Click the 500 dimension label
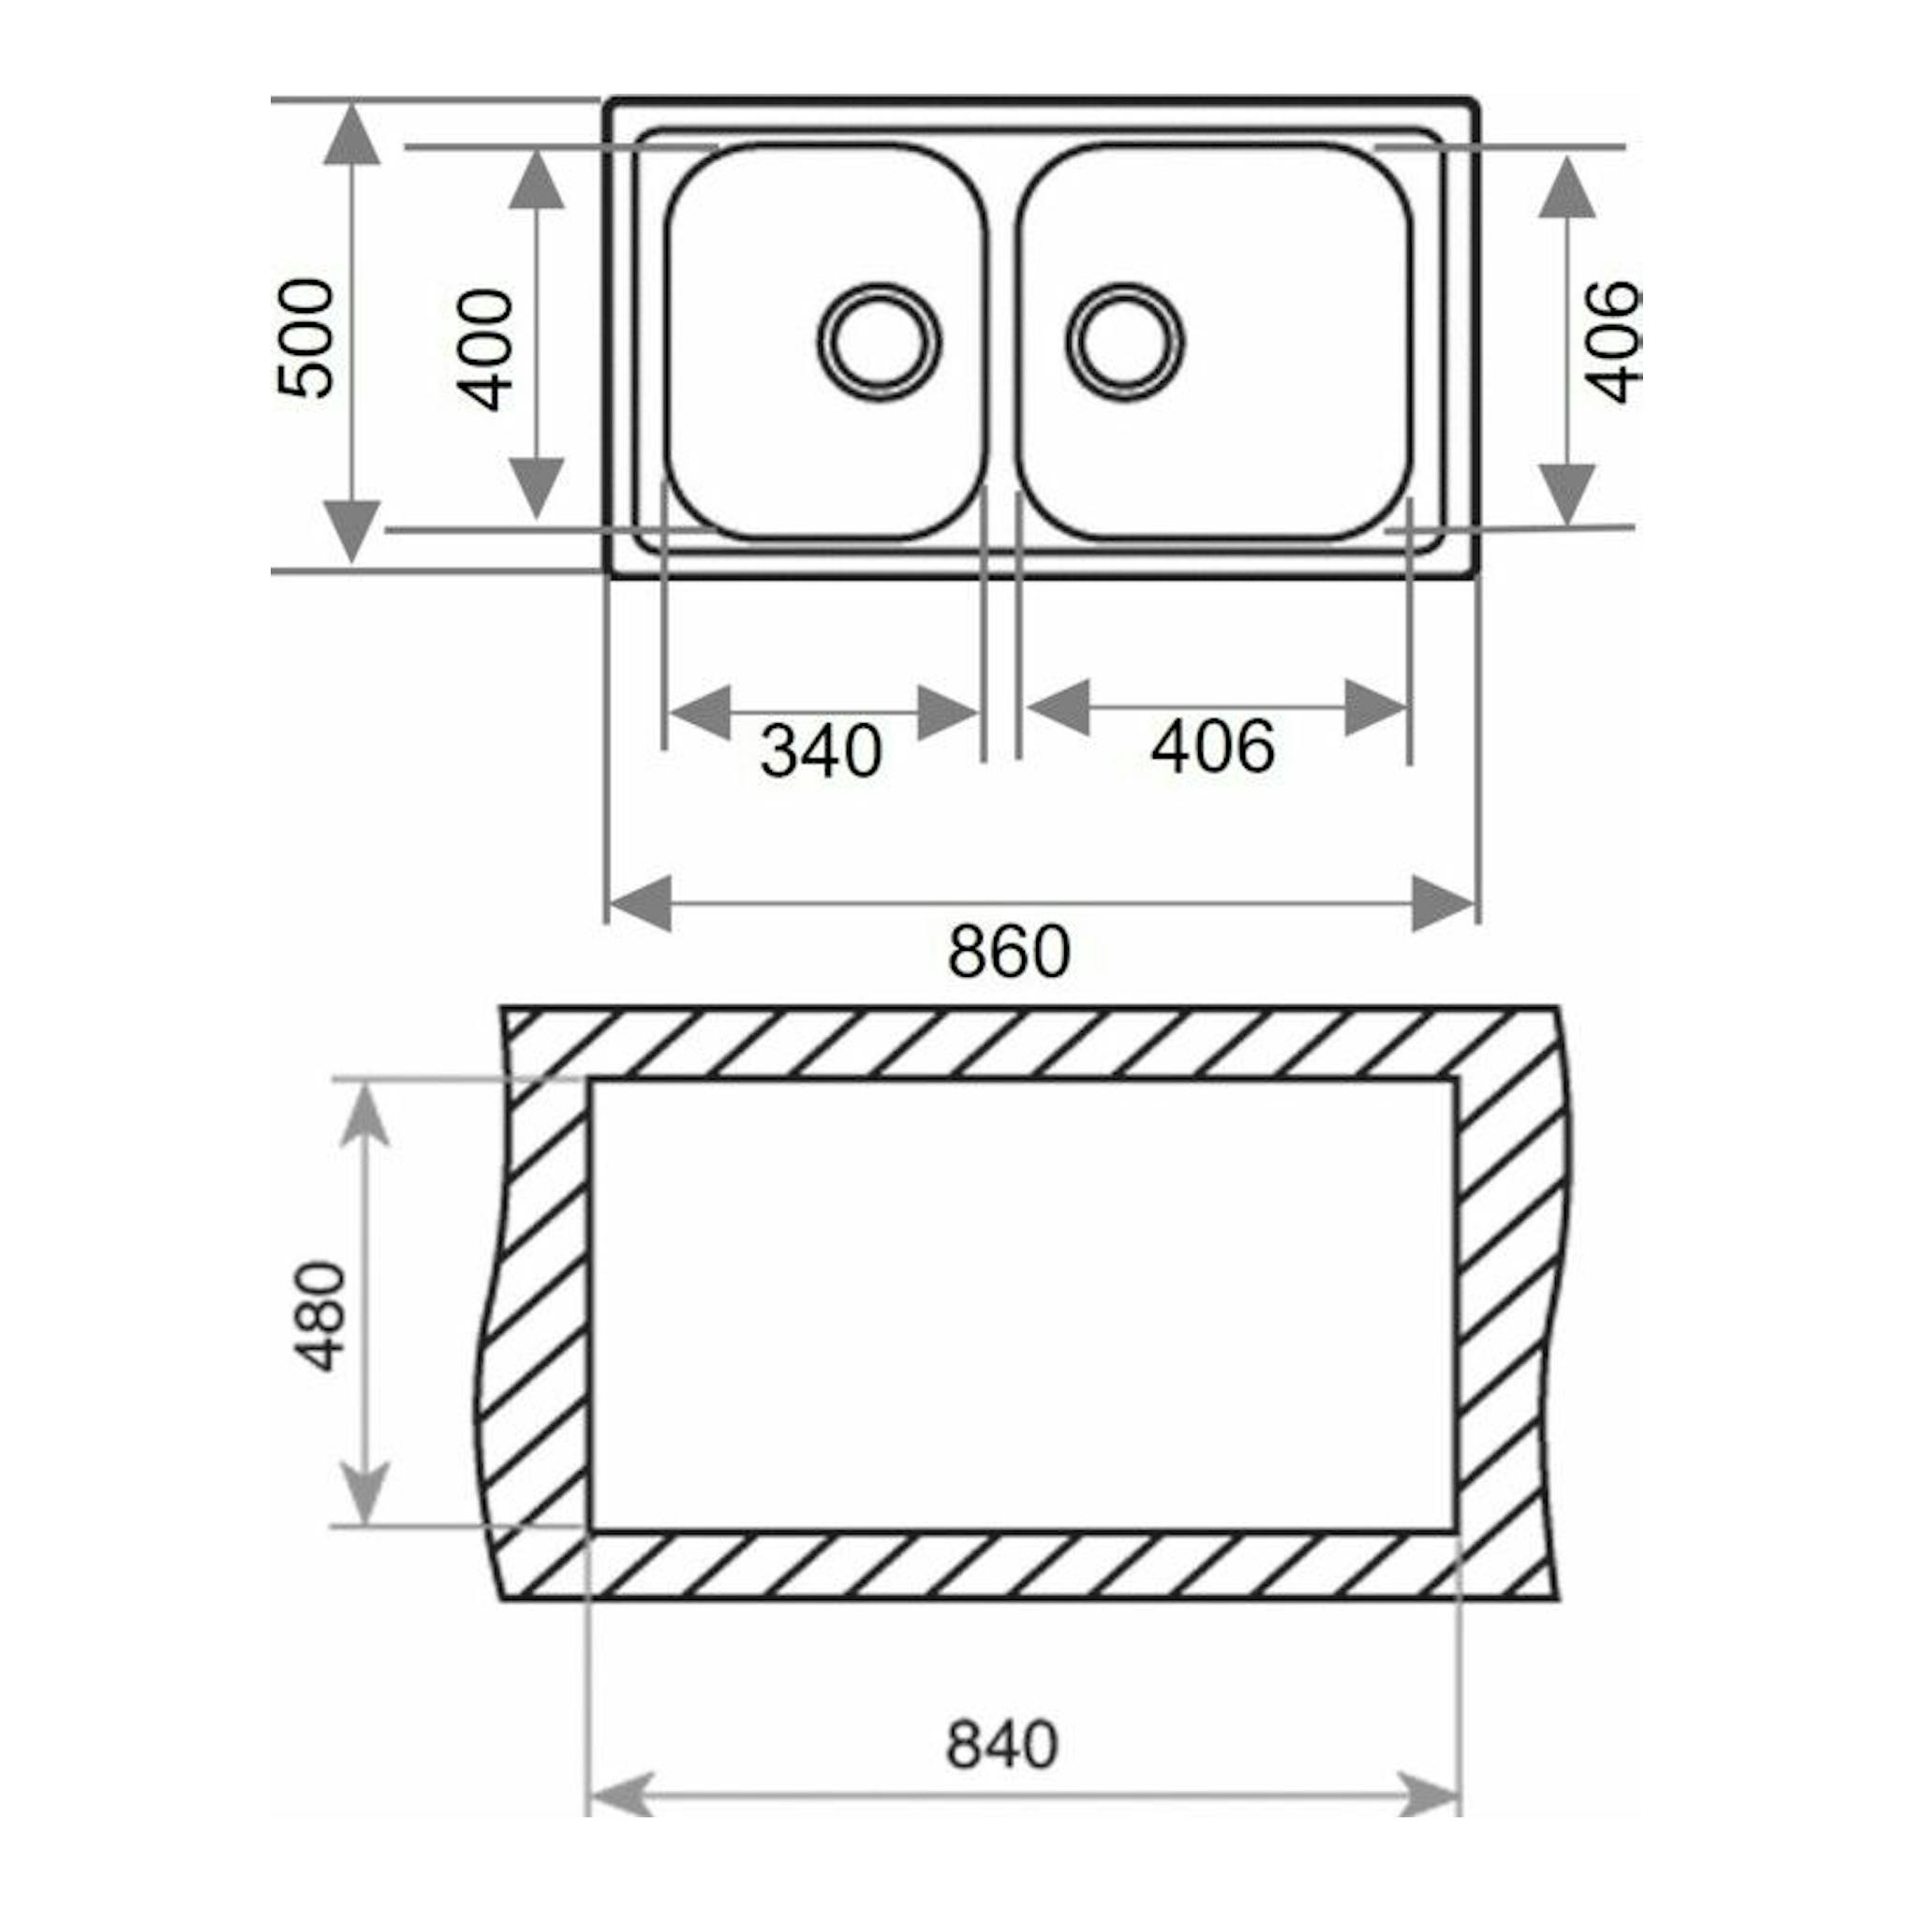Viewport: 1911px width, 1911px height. click(305, 339)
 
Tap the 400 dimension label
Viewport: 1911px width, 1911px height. click(484, 349)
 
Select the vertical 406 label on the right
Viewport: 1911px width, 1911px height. click(1611, 342)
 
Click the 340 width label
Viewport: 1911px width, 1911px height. click(820, 751)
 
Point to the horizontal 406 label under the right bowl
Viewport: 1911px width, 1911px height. click(1213, 747)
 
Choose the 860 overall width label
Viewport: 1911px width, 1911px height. click(1009, 952)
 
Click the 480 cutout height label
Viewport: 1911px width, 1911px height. click(323, 1316)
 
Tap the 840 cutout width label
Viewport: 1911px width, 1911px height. click(1002, 1745)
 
